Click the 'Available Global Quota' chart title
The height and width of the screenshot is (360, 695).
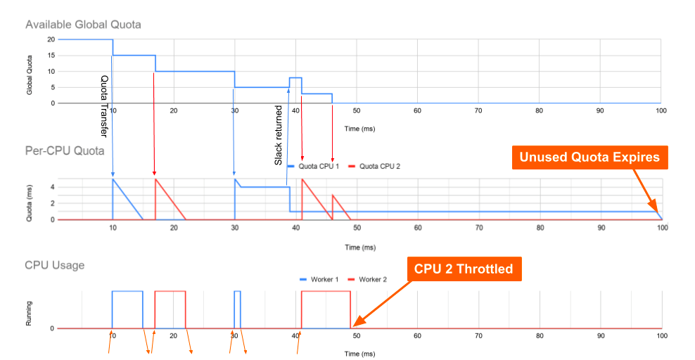pos(83,25)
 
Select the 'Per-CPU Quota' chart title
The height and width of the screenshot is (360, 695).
pos(65,150)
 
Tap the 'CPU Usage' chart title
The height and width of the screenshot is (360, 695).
pos(55,265)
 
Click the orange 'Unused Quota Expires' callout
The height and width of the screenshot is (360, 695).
pos(589,157)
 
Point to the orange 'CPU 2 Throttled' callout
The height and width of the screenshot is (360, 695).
pos(463,269)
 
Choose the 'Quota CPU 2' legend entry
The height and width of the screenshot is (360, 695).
pos(380,167)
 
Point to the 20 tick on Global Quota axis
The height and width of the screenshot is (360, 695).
pos(51,39)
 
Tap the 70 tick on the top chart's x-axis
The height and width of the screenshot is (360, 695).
pos(478,111)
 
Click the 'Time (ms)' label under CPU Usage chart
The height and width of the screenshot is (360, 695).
pos(359,354)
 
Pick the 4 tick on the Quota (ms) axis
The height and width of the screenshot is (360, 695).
pos(52,187)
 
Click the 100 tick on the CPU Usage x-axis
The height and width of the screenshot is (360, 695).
pos(661,336)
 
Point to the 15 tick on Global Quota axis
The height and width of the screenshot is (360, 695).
pos(51,56)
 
